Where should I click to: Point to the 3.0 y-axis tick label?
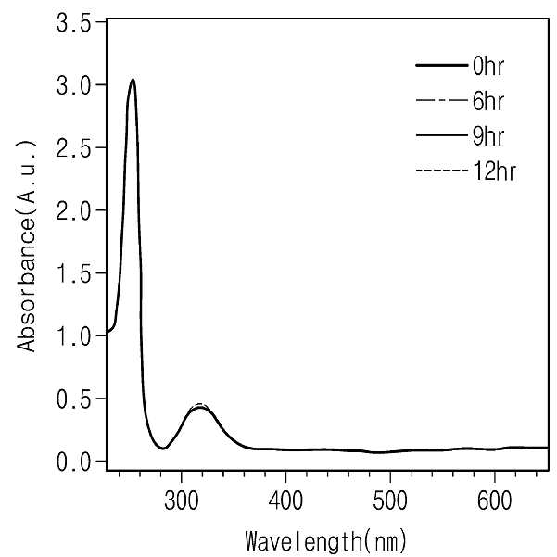[x=74, y=85]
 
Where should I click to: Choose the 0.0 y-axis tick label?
[x=74, y=462]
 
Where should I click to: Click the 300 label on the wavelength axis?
[x=181, y=500]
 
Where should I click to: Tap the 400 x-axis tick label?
[x=285, y=500]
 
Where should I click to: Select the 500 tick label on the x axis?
[x=390, y=500]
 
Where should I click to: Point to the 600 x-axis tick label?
[x=495, y=500]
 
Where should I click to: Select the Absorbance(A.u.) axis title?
[x=27, y=246]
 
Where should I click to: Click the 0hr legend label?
[x=488, y=67]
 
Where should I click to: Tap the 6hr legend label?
[x=488, y=101]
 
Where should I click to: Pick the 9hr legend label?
[x=488, y=136]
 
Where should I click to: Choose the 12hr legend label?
[x=494, y=171]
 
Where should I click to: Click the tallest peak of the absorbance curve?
[x=133, y=80]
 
